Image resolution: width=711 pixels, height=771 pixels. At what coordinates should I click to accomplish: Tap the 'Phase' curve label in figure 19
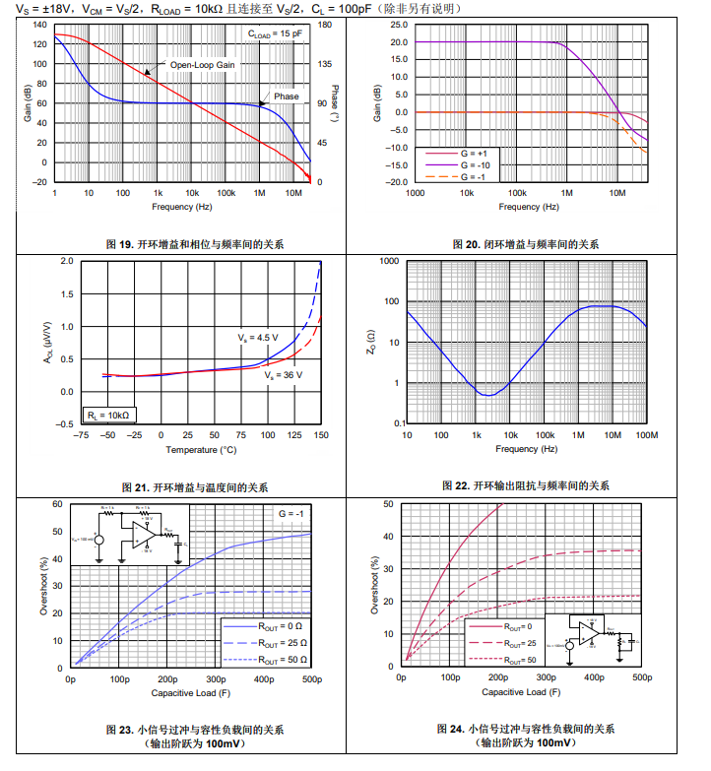pyautogui.click(x=287, y=96)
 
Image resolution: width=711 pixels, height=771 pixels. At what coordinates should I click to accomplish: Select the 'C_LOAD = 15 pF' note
pyautogui.click(x=276, y=33)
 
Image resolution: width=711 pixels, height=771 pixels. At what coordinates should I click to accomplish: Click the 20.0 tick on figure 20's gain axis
pyautogui.click(x=398, y=42)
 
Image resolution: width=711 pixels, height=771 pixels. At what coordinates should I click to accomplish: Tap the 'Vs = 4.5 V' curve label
pyautogui.click(x=257, y=338)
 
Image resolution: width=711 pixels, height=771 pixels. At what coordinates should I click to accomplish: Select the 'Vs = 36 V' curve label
pyautogui.click(x=284, y=375)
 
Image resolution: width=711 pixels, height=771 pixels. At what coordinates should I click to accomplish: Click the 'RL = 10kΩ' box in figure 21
pyautogui.click(x=109, y=416)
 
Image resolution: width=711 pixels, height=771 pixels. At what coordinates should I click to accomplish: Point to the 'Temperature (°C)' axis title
pyautogui.click(x=200, y=450)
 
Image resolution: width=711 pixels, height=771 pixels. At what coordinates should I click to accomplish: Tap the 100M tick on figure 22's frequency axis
pyautogui.click(x=646, y=435)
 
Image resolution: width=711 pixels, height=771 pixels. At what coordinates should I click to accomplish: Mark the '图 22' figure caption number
pyautogui.click(x=456, y=485)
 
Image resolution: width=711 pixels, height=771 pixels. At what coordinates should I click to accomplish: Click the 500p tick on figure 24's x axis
pyautogui.click(x=641, y=677)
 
